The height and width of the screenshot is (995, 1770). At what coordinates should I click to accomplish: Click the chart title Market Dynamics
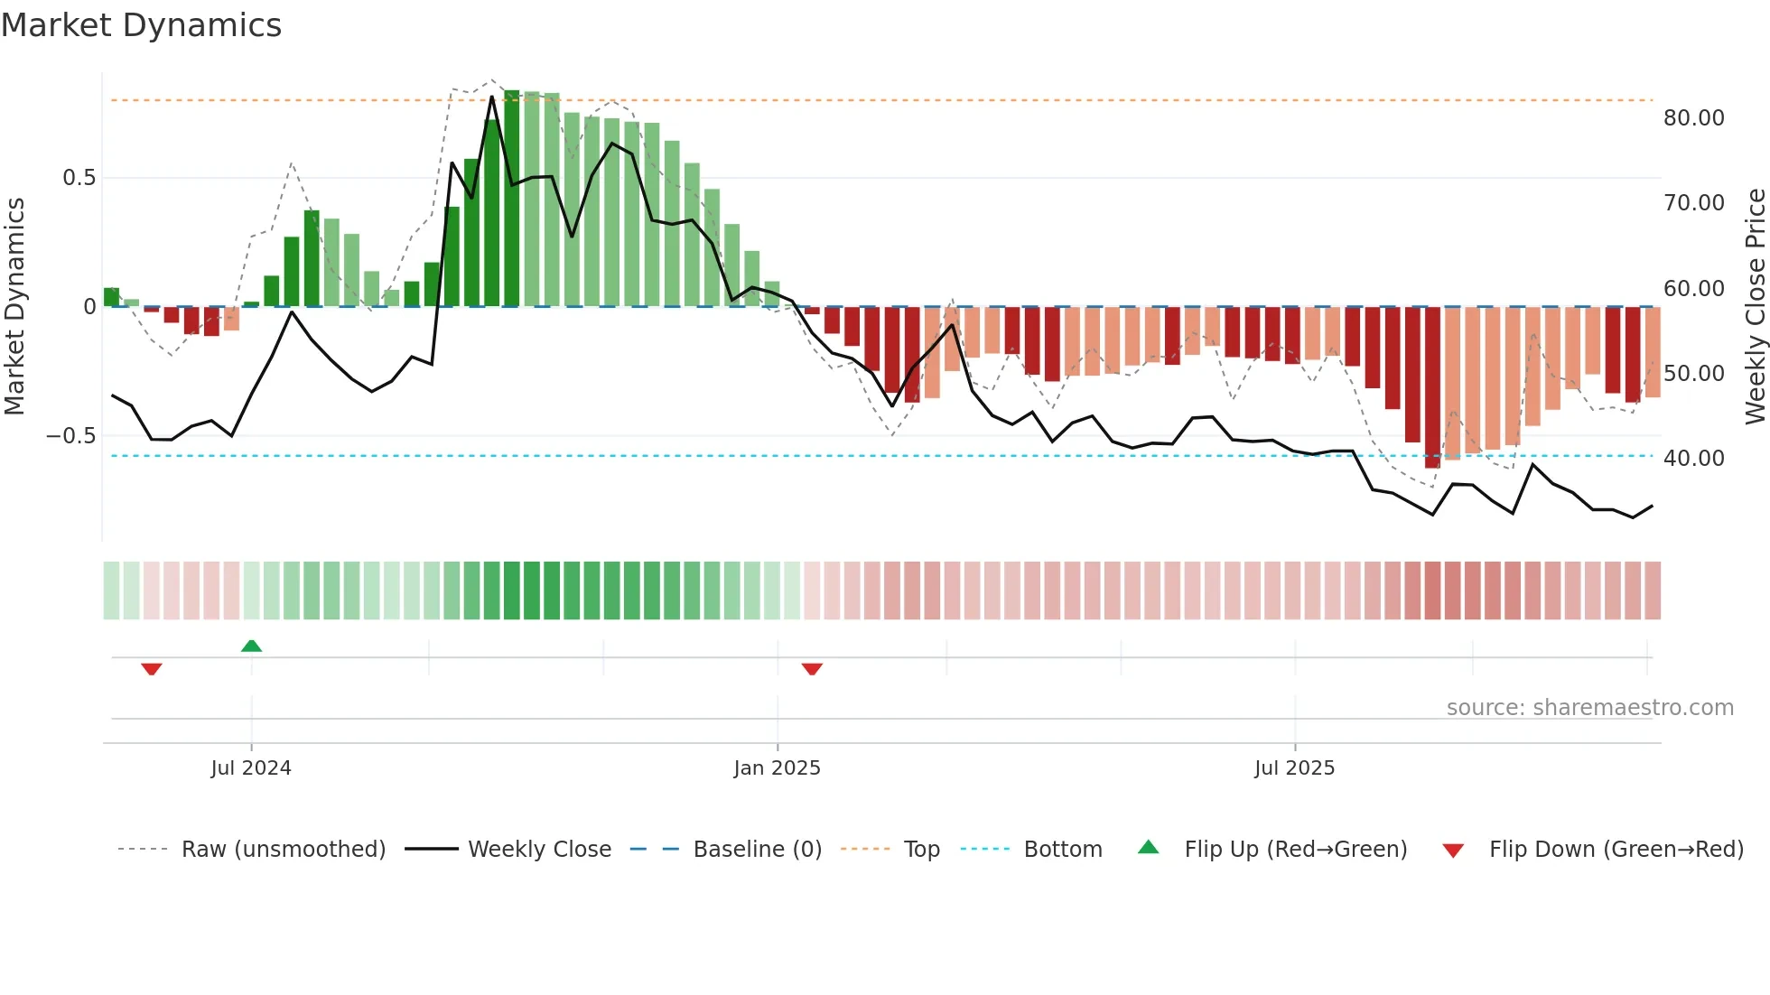[141, 25]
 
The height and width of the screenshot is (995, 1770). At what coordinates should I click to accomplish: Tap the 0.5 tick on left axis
[79, 178]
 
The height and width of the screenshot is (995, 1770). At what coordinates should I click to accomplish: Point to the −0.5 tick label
[71, 436]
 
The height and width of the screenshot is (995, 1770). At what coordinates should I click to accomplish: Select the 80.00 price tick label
[1693, 118]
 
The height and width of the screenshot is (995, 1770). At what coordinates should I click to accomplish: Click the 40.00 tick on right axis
[1693, 459]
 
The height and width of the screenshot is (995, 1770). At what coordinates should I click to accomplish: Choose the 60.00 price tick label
[1693, 289]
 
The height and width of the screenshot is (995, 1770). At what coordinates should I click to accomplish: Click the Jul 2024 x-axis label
[251, 768]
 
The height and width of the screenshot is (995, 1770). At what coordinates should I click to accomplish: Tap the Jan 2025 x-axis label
[777, 768]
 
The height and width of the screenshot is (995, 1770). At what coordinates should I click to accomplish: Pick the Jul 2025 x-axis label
[1294, 768]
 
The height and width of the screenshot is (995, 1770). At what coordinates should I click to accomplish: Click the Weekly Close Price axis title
[1755, 307]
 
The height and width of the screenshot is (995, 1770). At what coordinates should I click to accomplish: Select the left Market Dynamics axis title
[14, 307]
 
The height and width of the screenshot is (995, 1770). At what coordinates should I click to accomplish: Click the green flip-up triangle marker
[252, 646]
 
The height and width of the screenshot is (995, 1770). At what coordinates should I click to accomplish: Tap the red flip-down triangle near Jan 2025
[812, 669]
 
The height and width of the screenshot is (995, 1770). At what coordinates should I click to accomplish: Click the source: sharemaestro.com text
[1589, 708]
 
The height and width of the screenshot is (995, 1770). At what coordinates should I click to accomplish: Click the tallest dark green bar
[512, 199]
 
